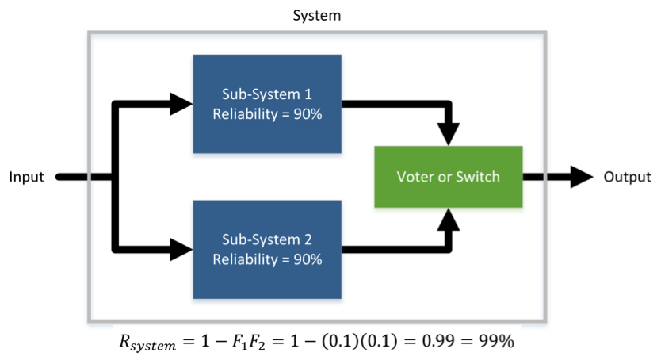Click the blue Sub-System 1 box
click(267, 103)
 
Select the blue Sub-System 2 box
click(267, 249)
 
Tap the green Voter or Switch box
click(448, 176)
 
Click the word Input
click(27, 177)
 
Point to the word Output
click(627, 177)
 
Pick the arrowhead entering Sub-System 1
click(182, 102)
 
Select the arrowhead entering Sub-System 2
click(182, 249)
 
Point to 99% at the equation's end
click(497, 342)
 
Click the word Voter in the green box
click(415, 176)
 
